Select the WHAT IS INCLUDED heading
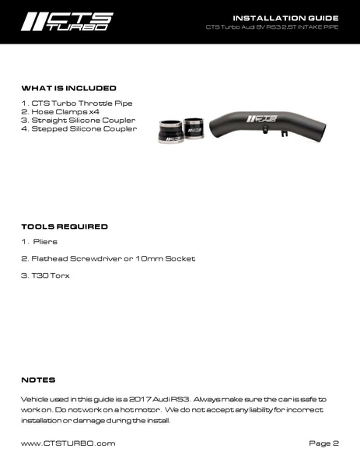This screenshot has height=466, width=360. (69, 88)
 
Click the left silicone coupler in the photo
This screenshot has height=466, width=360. (170, 131)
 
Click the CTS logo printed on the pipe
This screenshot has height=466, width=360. (260, 119)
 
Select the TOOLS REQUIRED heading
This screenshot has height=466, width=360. (65, 226)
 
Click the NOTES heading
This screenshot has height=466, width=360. (38, 380)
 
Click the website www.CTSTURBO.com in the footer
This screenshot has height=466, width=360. (68, 443)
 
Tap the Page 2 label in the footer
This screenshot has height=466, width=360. (323, 443)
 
